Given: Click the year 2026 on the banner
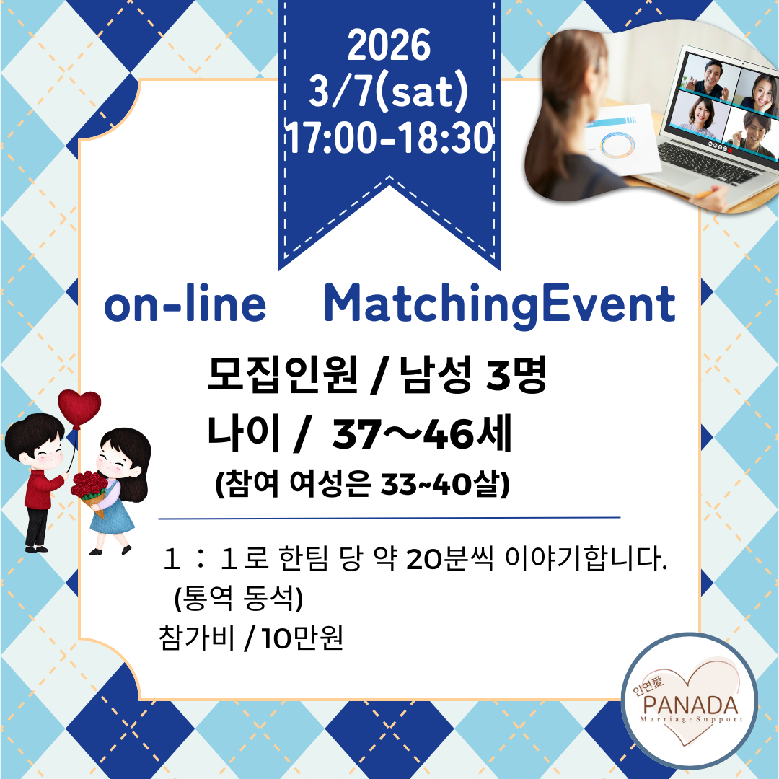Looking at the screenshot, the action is (389, 45).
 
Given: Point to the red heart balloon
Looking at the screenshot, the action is (79, 408).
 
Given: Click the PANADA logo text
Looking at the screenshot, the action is (690, 705).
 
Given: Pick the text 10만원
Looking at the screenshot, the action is (302, 638).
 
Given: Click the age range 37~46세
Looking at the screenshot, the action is (422, 434).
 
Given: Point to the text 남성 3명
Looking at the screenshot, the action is (473, 374).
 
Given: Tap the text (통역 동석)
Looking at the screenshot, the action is (239, 598).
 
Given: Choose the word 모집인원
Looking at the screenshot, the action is (282, 374).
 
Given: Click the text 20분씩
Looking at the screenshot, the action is (449, 559).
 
